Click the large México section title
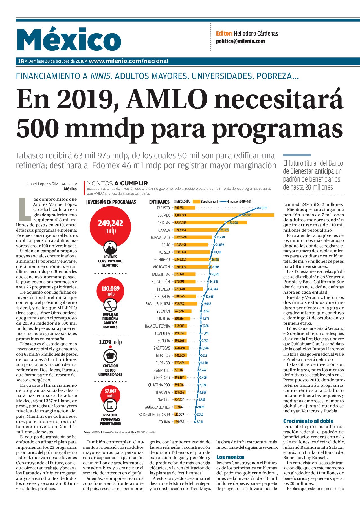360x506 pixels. tap(69, 39)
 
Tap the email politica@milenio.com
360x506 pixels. tap(240, 41)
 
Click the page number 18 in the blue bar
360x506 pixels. tap(21, 61)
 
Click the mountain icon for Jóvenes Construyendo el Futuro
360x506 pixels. tap(110, 248)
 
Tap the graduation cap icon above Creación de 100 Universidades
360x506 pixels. tap(110, 356)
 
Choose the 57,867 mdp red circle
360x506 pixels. tap(110, 393)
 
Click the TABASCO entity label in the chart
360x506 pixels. tap(163, 208)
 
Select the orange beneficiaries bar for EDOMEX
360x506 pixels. tap(224, 215)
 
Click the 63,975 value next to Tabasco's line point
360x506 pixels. tap(263, 208)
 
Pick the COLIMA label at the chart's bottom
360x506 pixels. tap(164, 422)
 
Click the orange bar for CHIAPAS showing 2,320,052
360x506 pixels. tap(210, 223)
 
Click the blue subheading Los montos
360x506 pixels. tap(230, 457)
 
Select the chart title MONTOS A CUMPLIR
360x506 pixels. tap(117, 183)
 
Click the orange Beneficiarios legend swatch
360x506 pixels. tap(196, 202)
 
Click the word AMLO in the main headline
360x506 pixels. tap(167, 99)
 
